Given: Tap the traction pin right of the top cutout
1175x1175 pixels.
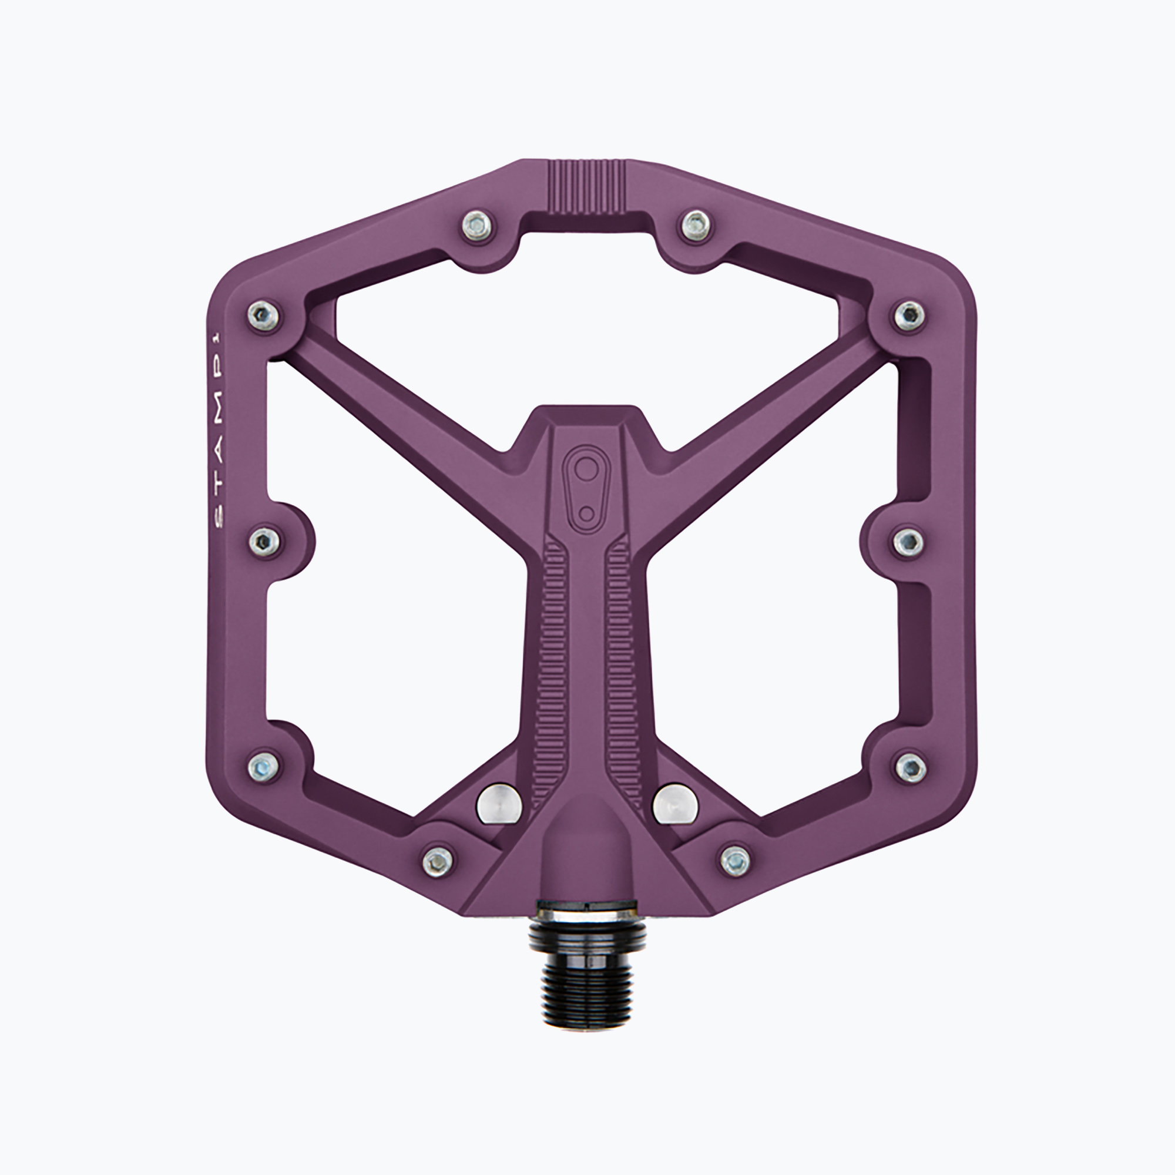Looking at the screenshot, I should click(695, 226).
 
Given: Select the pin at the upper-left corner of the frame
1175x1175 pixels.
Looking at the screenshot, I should click(264, 314).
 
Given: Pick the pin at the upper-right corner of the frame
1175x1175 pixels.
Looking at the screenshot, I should click(909, 314).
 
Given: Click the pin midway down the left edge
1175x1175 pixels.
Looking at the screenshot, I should click(264, 539).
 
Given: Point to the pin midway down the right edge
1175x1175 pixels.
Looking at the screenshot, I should click(909, 539).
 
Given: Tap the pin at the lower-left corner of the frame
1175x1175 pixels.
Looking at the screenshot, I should click(264, 765).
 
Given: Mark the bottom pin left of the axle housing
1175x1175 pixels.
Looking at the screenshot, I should click(438, 860).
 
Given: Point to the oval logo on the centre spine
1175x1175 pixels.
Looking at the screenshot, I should click(586, 486).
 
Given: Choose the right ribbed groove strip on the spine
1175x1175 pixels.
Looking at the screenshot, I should click(619, 644).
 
